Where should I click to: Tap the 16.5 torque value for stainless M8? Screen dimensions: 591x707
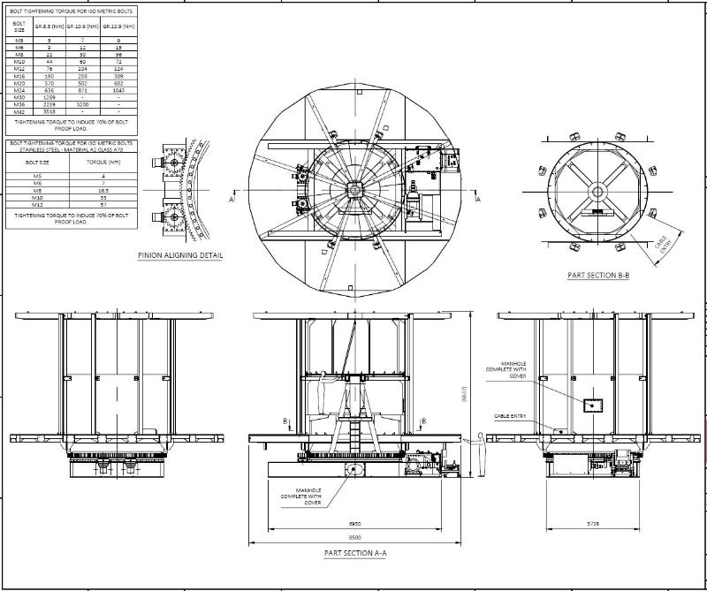click(103, 189)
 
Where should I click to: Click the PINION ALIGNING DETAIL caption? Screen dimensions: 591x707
click(180, 255)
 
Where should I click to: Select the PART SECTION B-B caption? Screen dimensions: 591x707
click(598, 276)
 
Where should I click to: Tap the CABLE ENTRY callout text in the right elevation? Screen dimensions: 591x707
click(511, 416)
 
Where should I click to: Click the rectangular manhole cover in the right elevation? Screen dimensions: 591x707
click(590, 405)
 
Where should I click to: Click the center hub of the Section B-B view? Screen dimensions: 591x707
click(598, 191)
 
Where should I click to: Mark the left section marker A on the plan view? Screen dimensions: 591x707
click(232, 200)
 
